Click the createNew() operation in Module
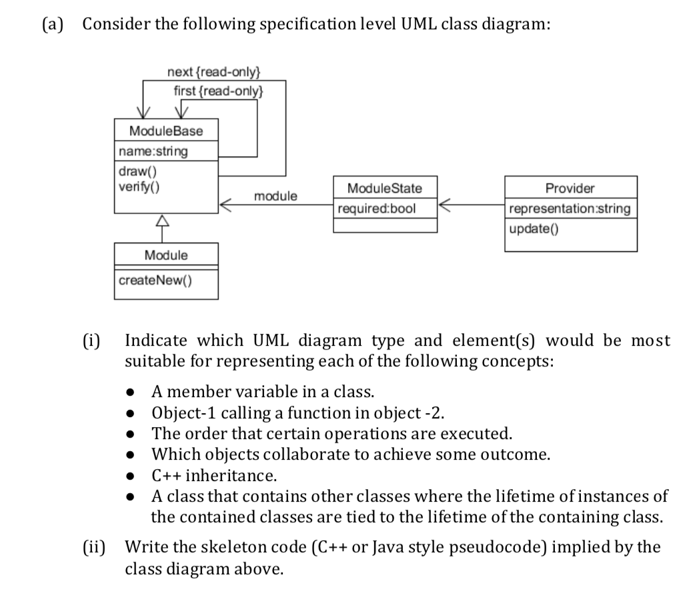coord(155,280)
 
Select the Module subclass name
coord(166,255)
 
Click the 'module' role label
coord(275,196)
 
